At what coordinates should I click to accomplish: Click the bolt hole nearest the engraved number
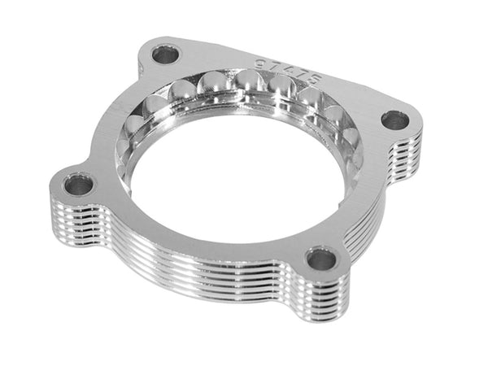[165, 56]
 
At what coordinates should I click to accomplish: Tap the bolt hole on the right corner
[395, 121]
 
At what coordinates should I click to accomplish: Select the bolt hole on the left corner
[79, 185]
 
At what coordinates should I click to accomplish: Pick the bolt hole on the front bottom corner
[321, 260]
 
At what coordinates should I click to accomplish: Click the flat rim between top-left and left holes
[110, 122]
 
